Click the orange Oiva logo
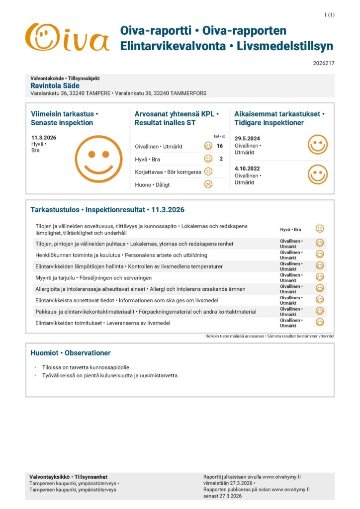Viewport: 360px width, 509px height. point(67,38)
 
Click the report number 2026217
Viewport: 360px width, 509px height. point(324,63)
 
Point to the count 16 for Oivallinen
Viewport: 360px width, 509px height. point(220,146)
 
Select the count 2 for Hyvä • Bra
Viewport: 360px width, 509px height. point(221,159)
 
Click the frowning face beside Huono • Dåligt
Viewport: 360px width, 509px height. point(208,184)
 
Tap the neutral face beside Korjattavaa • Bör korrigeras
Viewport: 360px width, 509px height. point(208,171)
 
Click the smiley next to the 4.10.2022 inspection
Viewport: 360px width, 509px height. point(317,174)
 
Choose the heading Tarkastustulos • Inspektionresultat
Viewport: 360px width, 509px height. point(107,210)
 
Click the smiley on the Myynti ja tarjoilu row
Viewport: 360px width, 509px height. point(320,277)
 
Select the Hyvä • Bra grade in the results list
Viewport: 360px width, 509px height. point(290,230)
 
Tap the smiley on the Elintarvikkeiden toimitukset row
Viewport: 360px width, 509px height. point(320,322)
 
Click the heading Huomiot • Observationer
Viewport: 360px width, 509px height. point(70,353)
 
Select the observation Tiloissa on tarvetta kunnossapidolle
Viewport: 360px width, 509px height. point(87,367)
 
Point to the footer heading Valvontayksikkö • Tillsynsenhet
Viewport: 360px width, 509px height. point(68,477)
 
